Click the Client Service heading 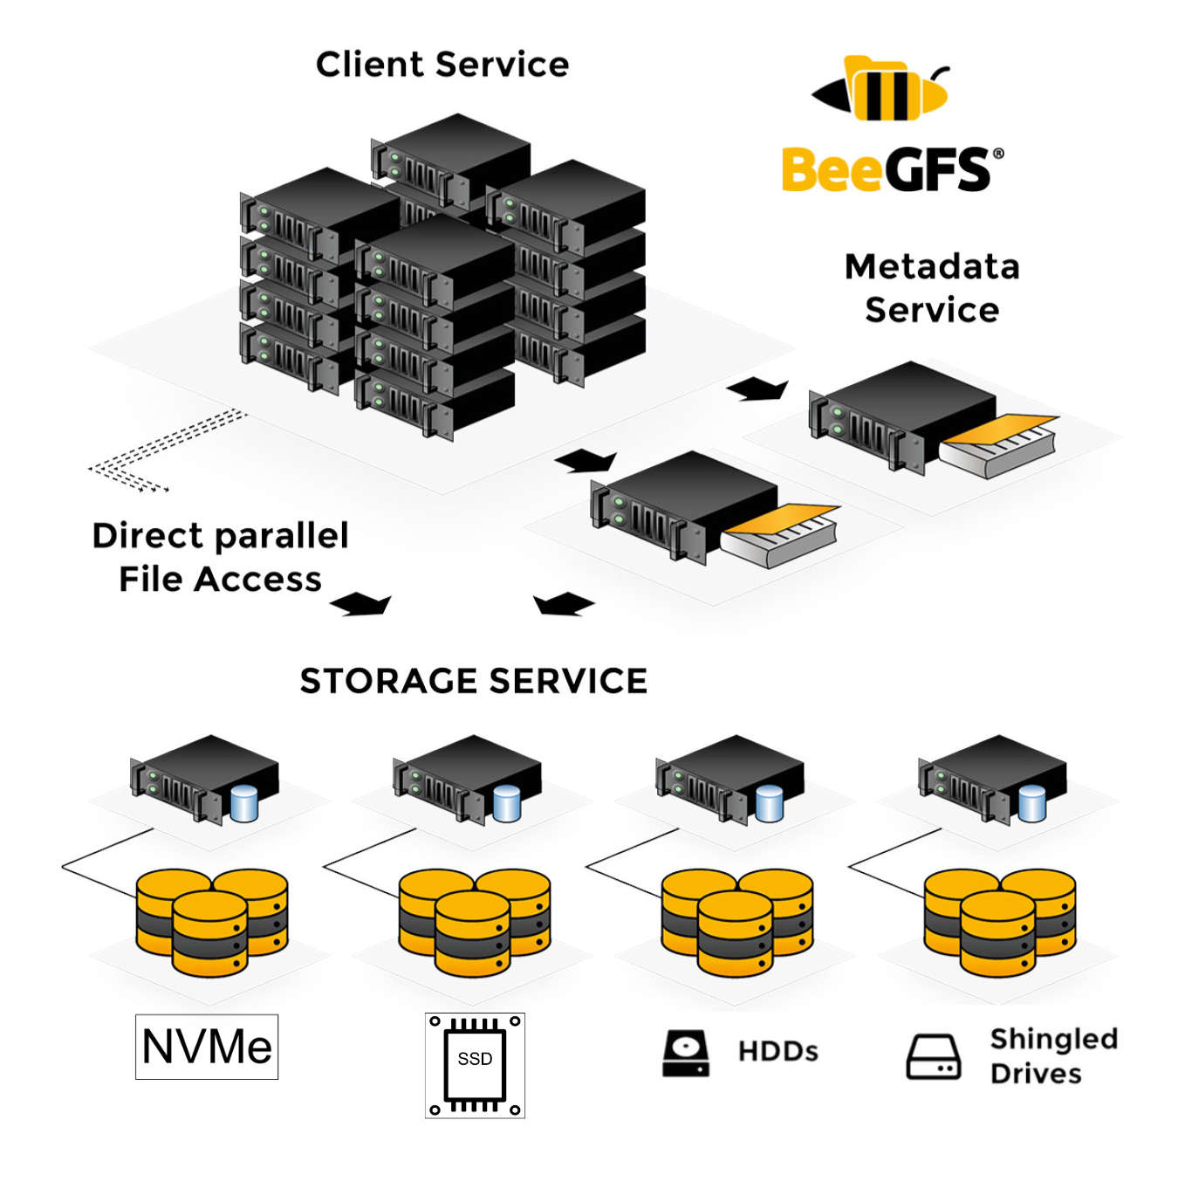pos(442,65)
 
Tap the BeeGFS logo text pos(886,169)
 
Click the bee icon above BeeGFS pos(881,90)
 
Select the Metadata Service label pos(932,288)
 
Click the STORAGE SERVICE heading pos(474,681)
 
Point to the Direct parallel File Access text pos(220,557)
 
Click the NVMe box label pos(207,1047)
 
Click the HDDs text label pos(777,1051)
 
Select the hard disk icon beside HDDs pos(686,1053)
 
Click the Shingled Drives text pos(1053,1055)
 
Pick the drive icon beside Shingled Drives pos(933,1056)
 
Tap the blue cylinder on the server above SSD pos(507,803)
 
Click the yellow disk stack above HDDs pos(736,921)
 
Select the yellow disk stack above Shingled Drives pos(999,921)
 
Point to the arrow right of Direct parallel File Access pos(360,603)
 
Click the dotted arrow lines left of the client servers pos(166,450)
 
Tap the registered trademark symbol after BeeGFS pos(998,154)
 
